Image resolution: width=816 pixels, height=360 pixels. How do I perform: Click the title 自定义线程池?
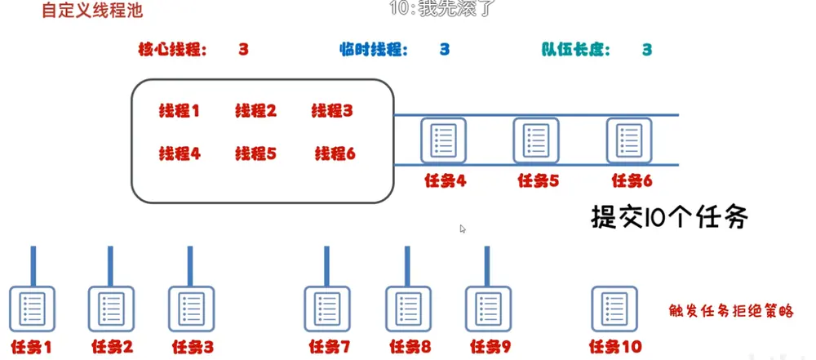pos(92,11)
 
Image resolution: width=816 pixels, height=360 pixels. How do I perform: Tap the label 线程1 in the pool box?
pos(179,111)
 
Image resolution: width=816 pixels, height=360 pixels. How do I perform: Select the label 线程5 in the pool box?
pos(255,153)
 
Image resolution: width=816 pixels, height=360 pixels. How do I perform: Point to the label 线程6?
pos(335,153)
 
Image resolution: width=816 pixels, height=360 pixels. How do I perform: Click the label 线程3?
pos(332,111)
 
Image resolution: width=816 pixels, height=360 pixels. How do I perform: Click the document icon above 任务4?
pos(443,140)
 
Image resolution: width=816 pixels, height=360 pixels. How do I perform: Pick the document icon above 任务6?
pos(628,140)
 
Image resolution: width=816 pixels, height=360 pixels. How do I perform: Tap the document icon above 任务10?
pos(614,309)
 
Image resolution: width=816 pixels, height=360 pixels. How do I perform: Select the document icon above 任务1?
pos(32,309)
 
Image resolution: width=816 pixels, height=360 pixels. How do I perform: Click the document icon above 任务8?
pos(408,309)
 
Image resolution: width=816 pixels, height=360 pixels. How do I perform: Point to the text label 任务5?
pos(538,180)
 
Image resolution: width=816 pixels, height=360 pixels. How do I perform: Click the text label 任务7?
pos(330,346)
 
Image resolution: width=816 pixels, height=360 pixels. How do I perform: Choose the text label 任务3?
pos(193,346)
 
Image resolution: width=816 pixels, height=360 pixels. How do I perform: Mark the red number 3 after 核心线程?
pos(243,50)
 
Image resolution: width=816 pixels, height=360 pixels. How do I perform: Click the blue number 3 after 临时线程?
pos(445,50)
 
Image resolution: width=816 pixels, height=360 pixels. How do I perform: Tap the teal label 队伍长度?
pos(575,50)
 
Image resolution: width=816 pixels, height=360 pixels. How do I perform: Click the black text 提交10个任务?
pos(670,216)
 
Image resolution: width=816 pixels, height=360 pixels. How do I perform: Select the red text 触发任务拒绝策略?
pos(731,311)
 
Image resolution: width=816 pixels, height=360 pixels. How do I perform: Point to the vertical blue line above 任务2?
pos(110,266)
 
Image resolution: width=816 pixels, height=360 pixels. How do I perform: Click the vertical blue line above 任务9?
pos(487,266)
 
